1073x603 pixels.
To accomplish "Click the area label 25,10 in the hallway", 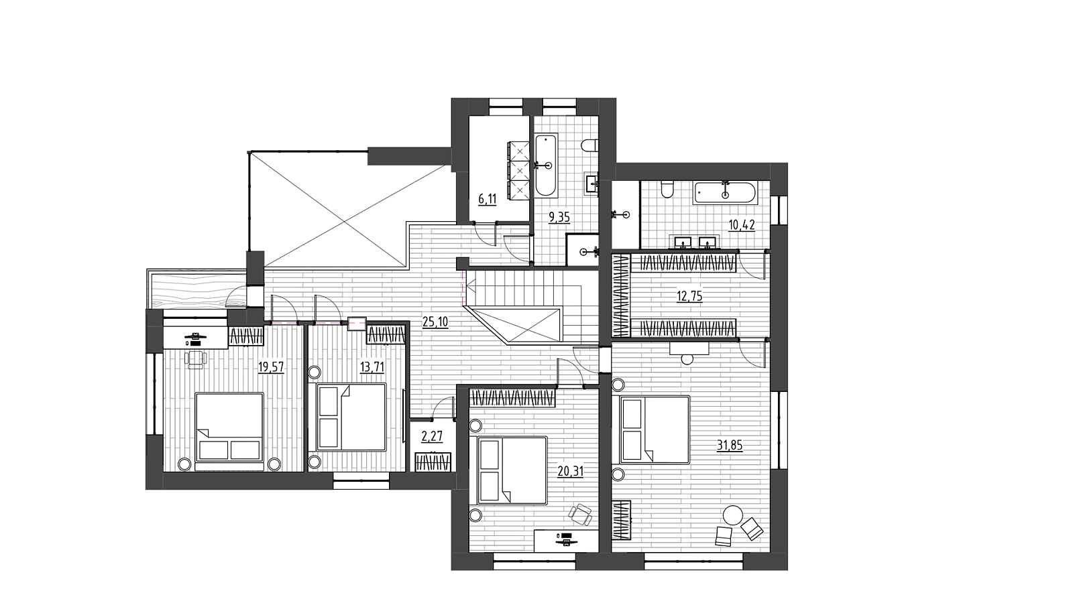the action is click(435, 322).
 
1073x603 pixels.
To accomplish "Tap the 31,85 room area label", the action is click(730, 446).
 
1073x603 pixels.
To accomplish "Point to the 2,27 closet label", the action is click(432, 436).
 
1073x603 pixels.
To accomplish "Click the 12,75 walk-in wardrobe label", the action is click(689, 296).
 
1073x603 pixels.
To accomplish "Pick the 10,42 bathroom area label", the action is click(742, 225).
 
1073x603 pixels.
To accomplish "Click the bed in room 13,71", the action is click(351, 417).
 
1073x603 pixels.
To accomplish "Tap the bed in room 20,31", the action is click(512, 470).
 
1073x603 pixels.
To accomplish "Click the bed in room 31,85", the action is click(655, 429).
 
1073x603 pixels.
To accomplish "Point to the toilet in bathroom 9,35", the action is click(589, 145).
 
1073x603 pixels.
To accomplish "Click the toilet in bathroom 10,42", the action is click(667, 190).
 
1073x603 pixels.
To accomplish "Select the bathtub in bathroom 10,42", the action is click(725, 194).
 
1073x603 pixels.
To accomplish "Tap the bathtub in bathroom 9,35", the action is click(546, 165).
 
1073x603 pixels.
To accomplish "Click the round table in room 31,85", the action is click(733, 516).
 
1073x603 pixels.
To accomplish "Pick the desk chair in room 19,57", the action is click(195, 359).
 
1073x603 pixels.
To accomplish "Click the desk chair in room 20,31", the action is click(581, 515).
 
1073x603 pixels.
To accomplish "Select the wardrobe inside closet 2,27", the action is click(433, 462).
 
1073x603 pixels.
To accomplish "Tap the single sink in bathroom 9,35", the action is click(591, 184).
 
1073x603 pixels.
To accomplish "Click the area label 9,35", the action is click(559, 218).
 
